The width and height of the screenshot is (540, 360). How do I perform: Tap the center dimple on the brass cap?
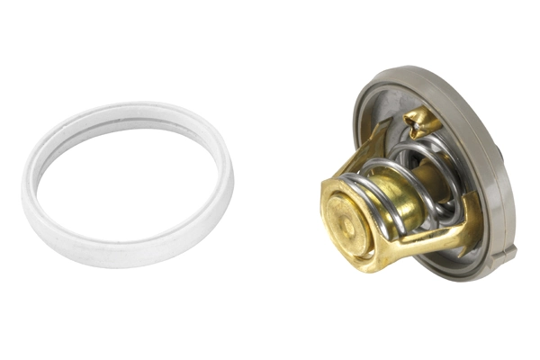[346, 214]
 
